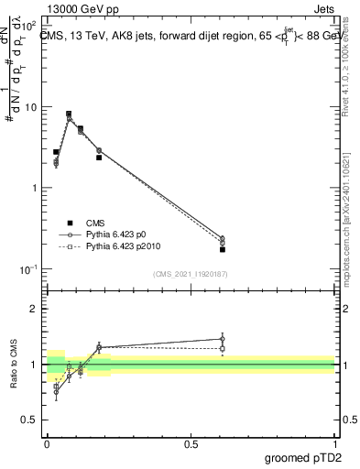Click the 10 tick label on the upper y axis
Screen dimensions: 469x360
pos(30,107)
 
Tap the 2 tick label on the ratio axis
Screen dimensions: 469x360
pos(34,310)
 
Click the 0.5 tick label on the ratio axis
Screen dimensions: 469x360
pos(30,420)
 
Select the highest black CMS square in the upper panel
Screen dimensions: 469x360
pos(69,114)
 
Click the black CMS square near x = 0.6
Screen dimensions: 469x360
pos(223,249)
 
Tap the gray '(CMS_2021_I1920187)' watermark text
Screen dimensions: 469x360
pos(191,274)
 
